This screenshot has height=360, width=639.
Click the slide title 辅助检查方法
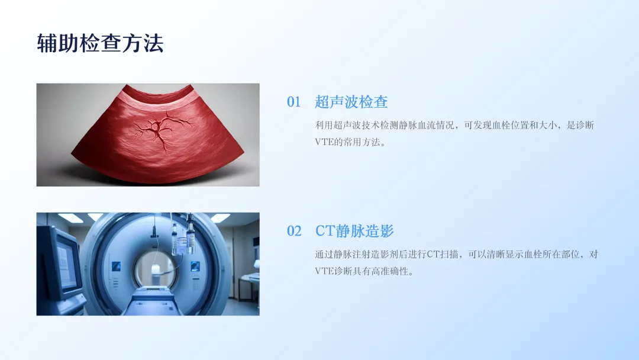point(100,43)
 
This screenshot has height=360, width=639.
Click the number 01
point(294,102)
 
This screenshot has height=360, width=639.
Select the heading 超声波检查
point(351,102)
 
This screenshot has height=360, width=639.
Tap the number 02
point(294,231)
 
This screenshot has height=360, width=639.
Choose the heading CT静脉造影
point(354,231)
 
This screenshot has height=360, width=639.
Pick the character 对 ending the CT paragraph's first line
point(593,255)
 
